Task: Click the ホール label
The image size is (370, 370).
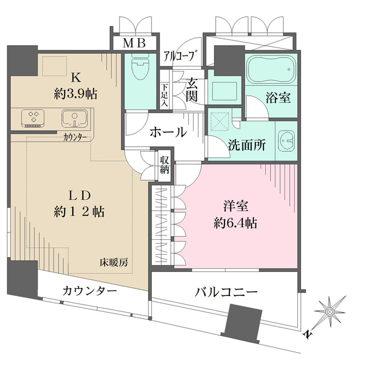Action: (x=168, y=131)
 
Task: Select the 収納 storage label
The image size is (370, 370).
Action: (x=165, y=165)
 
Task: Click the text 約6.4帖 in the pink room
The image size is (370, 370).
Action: (x=235, y=223)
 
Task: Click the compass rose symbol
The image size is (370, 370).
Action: (x=329, y=313)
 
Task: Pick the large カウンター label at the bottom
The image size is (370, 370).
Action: (x=89, y=291)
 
